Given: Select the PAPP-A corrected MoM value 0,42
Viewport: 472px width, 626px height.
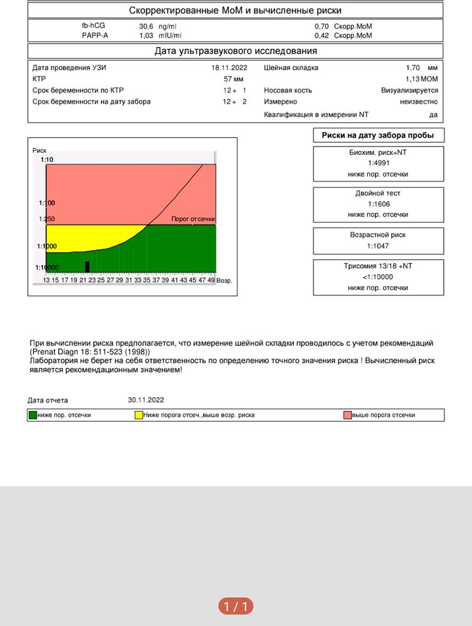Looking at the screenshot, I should pyautogui.click(x=322, y=36).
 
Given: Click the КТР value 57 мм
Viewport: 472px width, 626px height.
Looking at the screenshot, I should pyautogui.click(x=234, y=79).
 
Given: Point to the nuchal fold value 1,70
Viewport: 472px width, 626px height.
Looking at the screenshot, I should pyautogui.click(x=413, y=68).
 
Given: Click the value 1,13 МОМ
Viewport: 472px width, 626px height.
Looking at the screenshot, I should pyautogui.click(x=421, y=79).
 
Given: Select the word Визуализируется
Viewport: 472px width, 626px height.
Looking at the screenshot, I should pyautogui.click(x=409, y=90).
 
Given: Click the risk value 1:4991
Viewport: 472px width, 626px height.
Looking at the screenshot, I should pyautogui.click(x=378, y=163).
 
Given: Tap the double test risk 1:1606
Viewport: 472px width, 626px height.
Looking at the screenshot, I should pyautogui.click(x=378, y=204).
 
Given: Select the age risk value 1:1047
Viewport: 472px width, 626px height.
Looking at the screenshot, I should pyautogui.click(x=378, y=246).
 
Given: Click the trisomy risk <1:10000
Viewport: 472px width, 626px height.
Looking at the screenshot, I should pyautogui.click(x=378, y=277).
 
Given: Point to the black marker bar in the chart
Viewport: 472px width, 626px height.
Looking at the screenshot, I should pyautogui.click(x=87, y=267).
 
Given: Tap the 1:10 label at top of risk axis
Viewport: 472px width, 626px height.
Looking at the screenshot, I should pyautogui.click(x=46, y=160).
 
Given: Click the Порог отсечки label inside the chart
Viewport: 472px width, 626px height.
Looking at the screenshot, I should pyautogui.click(x=193, y=220).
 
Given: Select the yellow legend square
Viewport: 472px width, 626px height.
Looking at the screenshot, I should pyautogui.click(x=139, y=415).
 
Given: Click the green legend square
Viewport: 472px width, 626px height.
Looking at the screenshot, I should pyautogui.click(x=33, y=415).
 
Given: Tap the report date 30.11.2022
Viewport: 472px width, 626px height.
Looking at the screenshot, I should pyautogui.click(x=146, y=400).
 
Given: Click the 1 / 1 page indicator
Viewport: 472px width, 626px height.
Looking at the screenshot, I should pyautogui.click(x=236, y=606).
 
